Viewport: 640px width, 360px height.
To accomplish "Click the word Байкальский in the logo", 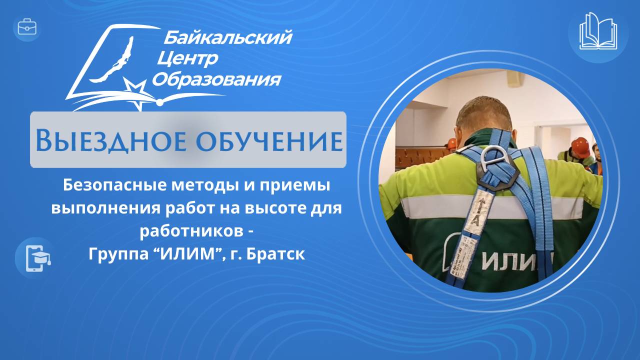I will (227, 37).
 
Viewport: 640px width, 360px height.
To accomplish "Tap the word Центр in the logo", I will (187, 59).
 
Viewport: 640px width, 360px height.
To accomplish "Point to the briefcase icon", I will (27, 27).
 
